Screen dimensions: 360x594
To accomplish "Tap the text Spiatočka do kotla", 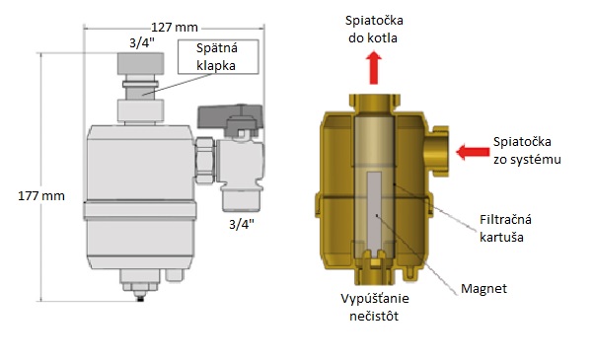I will pyautogui.click(x=375, y=30).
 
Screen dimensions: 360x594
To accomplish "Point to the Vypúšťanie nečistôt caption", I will pyautogui.click(x=371, y=307).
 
